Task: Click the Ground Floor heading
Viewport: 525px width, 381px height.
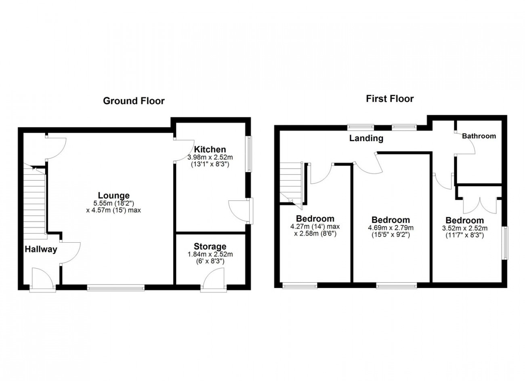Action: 134,101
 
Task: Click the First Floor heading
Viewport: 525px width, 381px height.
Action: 390,99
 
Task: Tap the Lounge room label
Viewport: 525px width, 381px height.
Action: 113,195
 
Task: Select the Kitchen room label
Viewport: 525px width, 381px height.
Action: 210,149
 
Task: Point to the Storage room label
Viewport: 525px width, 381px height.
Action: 210,246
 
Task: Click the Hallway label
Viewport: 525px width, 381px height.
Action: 41,249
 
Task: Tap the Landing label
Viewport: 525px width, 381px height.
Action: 366,138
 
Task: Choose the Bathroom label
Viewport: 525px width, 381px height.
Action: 479,136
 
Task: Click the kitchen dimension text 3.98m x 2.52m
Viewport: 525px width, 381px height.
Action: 210,157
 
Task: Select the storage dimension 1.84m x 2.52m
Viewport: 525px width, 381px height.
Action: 210,254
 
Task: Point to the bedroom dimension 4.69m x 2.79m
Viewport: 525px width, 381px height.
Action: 391,227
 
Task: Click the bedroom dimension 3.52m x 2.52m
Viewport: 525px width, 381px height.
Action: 464,228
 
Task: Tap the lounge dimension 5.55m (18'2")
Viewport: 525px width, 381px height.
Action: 113,203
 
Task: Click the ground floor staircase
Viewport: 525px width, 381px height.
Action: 34,201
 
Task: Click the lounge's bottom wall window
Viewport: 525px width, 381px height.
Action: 116,287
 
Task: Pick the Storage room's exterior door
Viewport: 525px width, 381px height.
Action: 214,280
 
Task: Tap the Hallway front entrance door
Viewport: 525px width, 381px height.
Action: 43,280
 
